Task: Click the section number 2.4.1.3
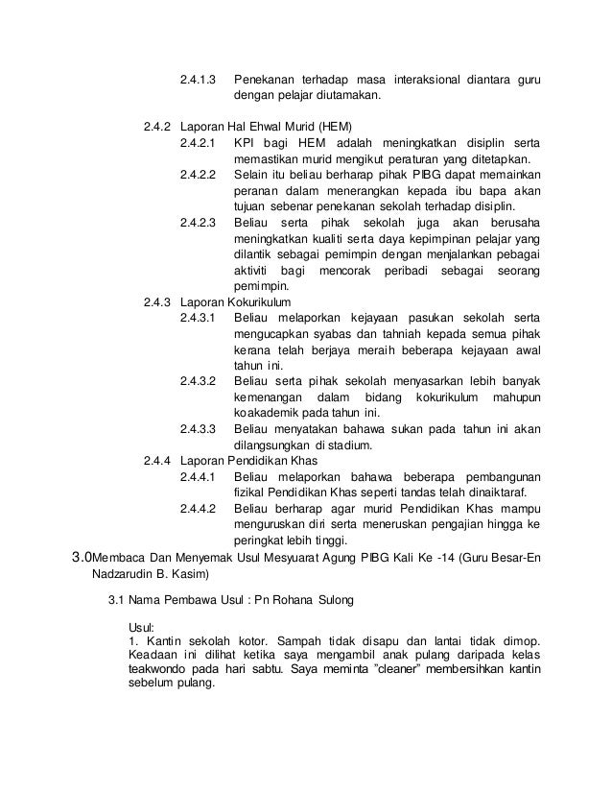[x=199, y=77]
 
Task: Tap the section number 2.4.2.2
[x=199, y=176]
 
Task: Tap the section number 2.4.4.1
[x=199, y=476]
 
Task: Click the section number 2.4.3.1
[x=199, y=316]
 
